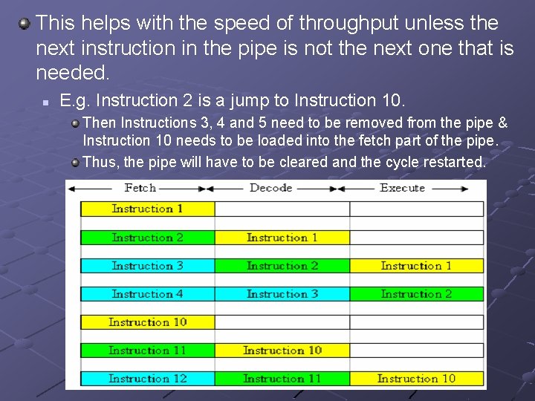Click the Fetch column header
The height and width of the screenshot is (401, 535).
pyautogui.click(x=140, y=188)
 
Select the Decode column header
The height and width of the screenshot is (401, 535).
pyautogui.click(x=270, y=188)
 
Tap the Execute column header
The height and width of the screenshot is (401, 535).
pyautogui.click(x=402, y=188)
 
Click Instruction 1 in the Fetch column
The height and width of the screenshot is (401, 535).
pyautogui.click(x=147, y=209)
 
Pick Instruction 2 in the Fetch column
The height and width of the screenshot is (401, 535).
pyautogui.click(x=147, y=238)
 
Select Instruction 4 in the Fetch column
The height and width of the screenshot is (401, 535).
pyautogui.click(x=147, y=294)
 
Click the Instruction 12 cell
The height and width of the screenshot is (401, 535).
pyautogui.click(x=147, y=379)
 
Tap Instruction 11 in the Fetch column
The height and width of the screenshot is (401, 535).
pyautogui.click(x=147, y=351)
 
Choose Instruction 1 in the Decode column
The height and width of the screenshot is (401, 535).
pyautogui.click(x=282, y=238)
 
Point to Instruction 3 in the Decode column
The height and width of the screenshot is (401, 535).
pyautogui.click(x=282, y=294)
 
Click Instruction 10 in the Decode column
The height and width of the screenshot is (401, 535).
pyautogui.click(x=282, y=351)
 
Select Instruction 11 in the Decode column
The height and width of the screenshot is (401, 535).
pyautogui.click(x=282, y=379)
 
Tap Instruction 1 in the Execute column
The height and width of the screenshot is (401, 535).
pyautogui.click(x=416, y=266)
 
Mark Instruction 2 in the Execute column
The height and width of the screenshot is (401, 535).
pyautogui.click(x=416, y=294)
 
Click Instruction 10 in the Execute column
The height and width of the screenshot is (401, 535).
pyautogui.click(x=416, y=379)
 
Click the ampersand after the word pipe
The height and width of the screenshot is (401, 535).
pyautogui.click(x=502, y=123)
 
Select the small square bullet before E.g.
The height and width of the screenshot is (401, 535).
pyautogui.click(x=45, y=101)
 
